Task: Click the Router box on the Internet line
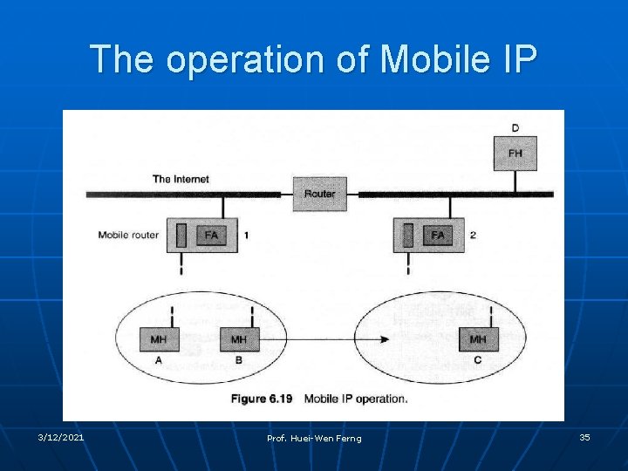click(319, 194)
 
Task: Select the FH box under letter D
click(515, 154)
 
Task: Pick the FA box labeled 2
click(438, 235)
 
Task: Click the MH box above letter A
click(159, 339)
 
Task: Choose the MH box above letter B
click(239, 339)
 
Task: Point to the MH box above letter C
click(478, 339)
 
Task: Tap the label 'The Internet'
click(181, 179)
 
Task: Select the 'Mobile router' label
click(128, 235)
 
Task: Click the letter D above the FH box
click(515, 128)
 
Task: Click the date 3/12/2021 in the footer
click(61, 437)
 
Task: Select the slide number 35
click(584, 437)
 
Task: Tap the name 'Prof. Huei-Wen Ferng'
click(314, 438)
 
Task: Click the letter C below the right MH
click(478, 360)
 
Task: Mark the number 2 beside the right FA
click(473, 235)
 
